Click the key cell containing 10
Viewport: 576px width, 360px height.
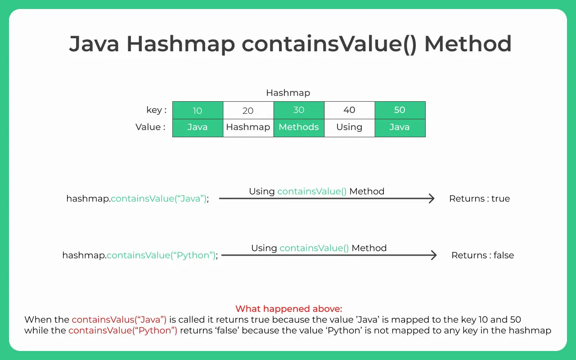pyautogui.click(x=198, y=110)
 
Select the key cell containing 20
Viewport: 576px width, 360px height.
pyautogui.click(x=248, y=110)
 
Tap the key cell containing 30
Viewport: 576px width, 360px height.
pyautogui.click(x=299, y=110)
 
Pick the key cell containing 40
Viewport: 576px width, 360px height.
pyautogui.click(x=350, y=110)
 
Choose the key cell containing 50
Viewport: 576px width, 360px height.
pyautogui.click(x=400, y=110)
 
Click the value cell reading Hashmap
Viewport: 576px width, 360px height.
pyautogui.click(x=248, y=128)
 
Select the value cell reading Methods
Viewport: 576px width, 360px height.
pyautogui.click(x=299, y=128)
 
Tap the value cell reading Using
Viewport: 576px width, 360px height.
pyautogui.click(x=350, y=128)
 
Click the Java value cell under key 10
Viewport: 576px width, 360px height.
pyautogui.click(x=198, y=128)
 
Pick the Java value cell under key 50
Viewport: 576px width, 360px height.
pyautogui.click(x=400, y=128)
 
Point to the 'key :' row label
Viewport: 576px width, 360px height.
pyautogui.click(x=156, y=110)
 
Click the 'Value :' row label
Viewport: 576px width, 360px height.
pyautogui.click(x=150, y=127)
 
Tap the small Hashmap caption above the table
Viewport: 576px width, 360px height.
pyautogui.click(x=288, y=93)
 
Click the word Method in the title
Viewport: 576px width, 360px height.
pyautogui.click(x=468, y=44)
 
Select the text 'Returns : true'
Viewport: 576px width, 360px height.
pyautogui.click(x=479, y=198)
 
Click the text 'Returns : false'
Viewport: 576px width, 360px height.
pyautogui.click(x=483, y=255)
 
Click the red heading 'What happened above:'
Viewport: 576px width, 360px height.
pyautogui.click(x=288, y=309)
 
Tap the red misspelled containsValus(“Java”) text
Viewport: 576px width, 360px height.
pyautogui.click(x=119, y=319)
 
